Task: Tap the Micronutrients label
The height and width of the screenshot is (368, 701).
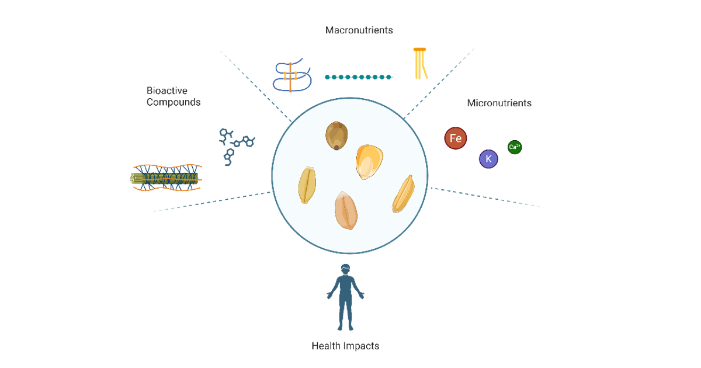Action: [499, 103]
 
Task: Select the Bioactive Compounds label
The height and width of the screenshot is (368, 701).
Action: [173, 96]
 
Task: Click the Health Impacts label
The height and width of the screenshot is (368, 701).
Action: [345, 346]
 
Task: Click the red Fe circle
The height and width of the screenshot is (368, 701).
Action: [456, 138]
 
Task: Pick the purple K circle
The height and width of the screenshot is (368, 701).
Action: [488, 159]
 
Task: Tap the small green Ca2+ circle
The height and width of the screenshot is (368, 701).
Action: [515, 147]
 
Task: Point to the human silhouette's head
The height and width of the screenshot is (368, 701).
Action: [346, 270]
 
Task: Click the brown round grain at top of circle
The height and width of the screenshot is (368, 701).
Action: [336, 136]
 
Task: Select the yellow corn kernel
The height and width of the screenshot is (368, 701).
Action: [369, 161]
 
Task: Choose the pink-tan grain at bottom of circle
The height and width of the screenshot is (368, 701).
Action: [346, 211]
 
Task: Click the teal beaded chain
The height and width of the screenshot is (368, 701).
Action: [359, 77]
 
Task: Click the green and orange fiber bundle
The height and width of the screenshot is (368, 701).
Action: [166, 179]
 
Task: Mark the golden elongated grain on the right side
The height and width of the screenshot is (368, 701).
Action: [404, 194]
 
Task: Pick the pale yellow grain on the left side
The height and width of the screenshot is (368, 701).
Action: [307, 185]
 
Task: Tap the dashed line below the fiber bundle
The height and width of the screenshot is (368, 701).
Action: [210, 201]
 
